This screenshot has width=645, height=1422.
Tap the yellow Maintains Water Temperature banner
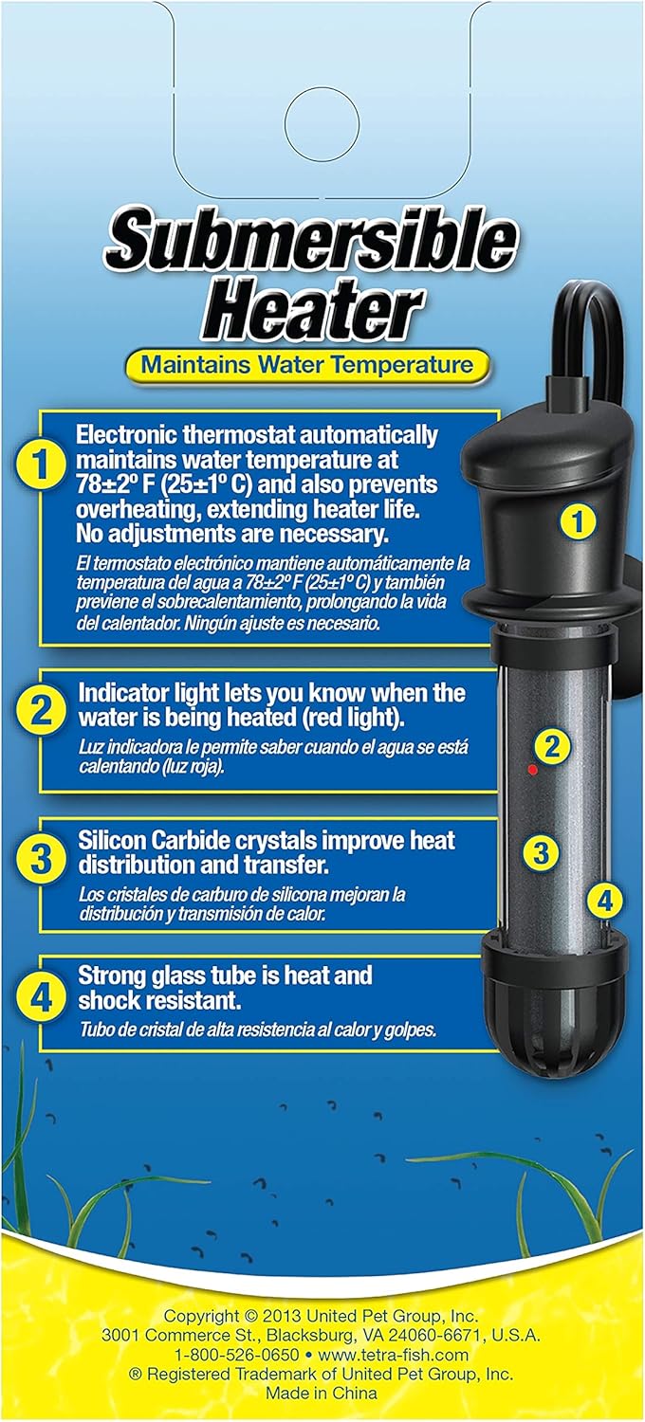(306, 363)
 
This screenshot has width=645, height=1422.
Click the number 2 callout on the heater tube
(552, 746)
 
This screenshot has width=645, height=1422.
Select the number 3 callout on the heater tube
(541, 852)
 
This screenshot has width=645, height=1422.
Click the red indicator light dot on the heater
(532, 769)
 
